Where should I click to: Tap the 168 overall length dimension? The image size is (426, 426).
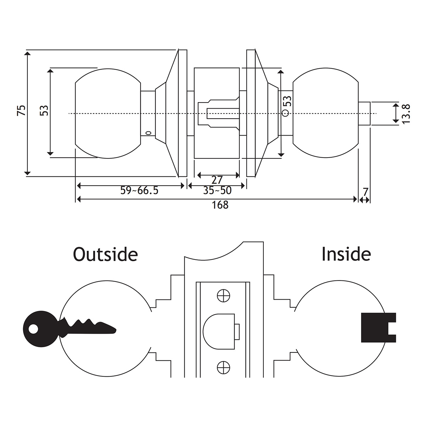220,205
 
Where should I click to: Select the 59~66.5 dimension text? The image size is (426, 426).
139,191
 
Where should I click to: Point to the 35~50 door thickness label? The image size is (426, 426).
217,191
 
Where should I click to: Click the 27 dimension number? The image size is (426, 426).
217,180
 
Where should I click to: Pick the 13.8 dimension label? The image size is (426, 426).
406,114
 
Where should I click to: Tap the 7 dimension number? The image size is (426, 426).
365,192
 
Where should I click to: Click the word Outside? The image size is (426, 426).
105,255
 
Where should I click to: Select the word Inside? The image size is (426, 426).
346,254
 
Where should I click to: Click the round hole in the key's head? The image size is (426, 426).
33,329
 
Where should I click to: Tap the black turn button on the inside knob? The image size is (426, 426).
378,328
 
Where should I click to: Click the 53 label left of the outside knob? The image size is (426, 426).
44,110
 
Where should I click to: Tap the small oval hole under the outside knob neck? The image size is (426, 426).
148,133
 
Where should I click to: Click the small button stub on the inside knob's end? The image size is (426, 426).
364,114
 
